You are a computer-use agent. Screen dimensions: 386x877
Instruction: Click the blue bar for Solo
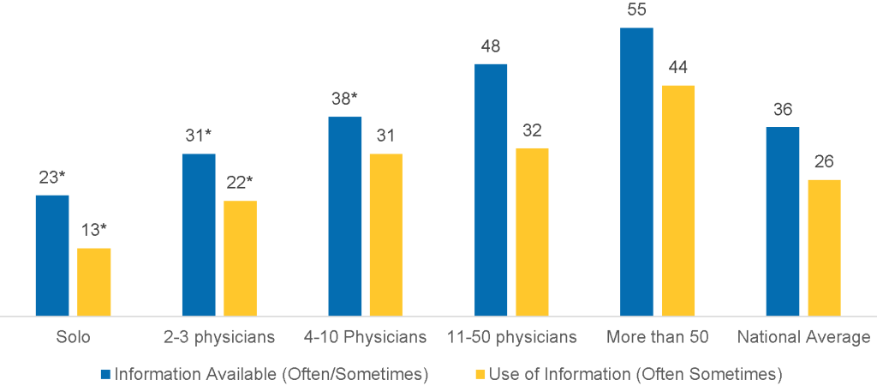pos(51,256)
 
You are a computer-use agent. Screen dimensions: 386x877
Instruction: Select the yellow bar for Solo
pos(94,282)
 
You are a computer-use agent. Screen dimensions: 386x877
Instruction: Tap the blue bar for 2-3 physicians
pos(199,235)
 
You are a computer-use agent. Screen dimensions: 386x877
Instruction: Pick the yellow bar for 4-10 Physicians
pos(386,235)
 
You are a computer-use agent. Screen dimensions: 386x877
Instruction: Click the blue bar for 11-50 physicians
pos(491,190)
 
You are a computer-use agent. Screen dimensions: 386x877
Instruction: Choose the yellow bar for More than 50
pos(678,201)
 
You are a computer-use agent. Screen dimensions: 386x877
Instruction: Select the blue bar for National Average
pos(783,221)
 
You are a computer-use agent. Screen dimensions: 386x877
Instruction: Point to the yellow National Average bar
pos(825,248)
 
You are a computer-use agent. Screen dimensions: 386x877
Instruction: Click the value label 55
pos(636,11)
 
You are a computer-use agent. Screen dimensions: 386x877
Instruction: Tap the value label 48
pos(491,47)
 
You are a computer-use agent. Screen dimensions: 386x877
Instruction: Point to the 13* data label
pos(94,231)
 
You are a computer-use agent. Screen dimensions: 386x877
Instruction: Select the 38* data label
pos(345,99)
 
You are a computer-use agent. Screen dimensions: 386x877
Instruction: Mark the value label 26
pos(825,162)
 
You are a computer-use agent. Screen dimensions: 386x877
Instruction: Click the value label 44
pos(678,68)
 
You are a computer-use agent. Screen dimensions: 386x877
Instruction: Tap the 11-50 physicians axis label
pos(511,337)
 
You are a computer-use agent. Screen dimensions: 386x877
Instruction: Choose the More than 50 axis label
pos(657,337)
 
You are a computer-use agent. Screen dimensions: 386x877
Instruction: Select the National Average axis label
pos(803,337)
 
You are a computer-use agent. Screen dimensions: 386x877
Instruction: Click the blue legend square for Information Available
pos(106,374)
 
